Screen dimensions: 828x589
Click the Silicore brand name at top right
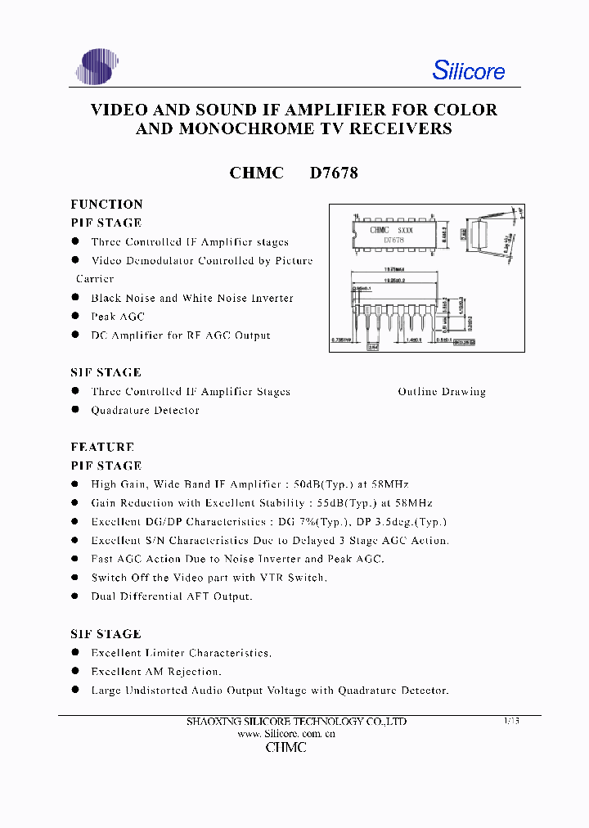click(468, 70)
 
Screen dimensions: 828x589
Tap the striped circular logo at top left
click(97, 66)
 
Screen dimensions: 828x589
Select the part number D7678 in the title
click(334, 173)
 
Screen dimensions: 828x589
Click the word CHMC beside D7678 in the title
click(257, 173)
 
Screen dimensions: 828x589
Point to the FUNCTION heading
click(106, 205)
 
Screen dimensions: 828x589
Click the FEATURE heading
click(102, 448)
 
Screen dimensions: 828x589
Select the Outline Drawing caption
click(442, 392)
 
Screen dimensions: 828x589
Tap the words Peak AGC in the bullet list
click(118, 317)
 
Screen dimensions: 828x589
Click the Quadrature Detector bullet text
click(145, 411)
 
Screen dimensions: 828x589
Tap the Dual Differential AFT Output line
click(172, 596)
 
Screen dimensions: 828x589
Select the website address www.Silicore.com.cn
click(286, 734)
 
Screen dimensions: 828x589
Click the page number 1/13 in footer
click(511, 721)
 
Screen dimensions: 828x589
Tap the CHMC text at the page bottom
click(286, 748)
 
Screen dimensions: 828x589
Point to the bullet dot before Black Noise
click(75, 298)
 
